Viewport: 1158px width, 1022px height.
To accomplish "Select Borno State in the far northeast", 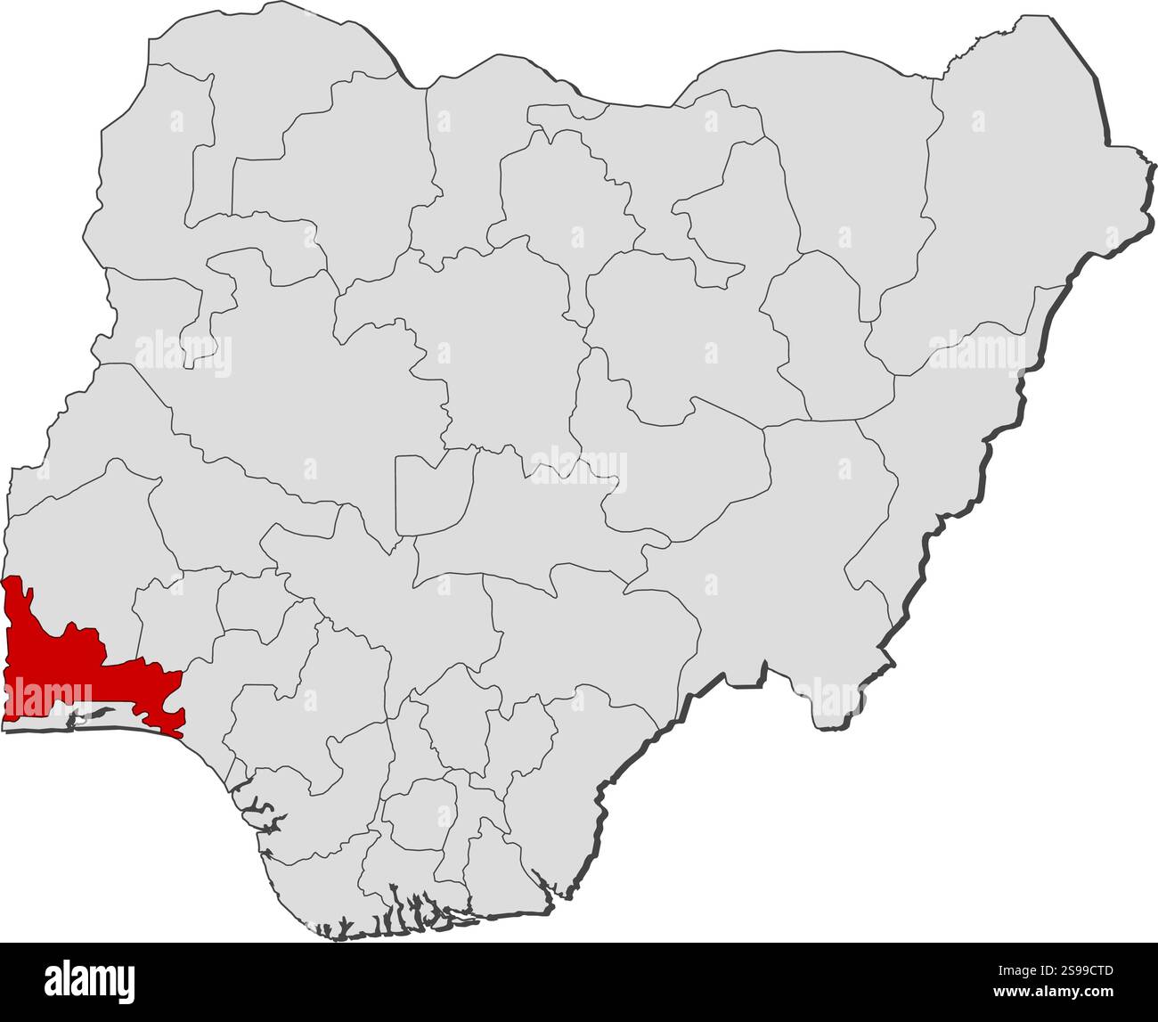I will (1007, 205).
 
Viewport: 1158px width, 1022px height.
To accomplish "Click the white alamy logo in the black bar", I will (89, 979).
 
